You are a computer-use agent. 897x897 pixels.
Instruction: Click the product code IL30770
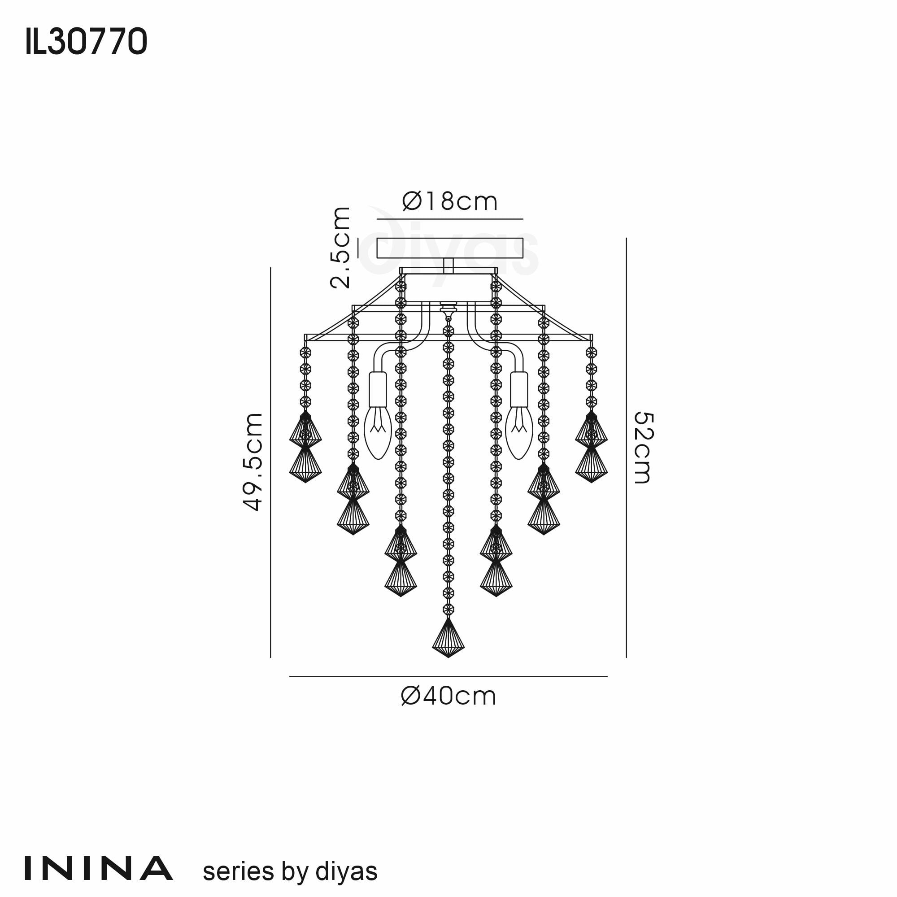87,42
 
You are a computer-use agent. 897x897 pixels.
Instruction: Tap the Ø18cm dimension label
449,201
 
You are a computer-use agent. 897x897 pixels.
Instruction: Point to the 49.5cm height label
253,462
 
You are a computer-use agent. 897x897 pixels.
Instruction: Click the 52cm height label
644,448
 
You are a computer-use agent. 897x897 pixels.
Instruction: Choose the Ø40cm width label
448,697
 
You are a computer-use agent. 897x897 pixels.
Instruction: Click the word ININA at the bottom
98,869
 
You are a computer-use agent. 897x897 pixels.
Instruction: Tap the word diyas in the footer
346,871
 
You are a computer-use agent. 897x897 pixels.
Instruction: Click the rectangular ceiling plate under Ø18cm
449,248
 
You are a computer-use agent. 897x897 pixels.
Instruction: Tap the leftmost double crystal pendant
305,448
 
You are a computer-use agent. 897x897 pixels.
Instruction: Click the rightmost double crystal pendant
591,448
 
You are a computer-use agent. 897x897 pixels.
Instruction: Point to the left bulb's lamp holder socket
378,389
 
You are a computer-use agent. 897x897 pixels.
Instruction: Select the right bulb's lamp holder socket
519,389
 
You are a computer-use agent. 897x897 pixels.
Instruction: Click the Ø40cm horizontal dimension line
448,676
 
